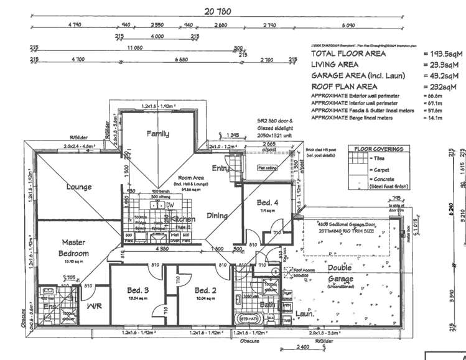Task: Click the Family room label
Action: pyautogui.click(x=158, y=134)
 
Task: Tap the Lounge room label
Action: pyautogui.click(x=79, y=187)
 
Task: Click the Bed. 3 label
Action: pyautogui.click(x=138, y=290)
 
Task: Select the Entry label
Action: pyautogui.click(x=220, y=168)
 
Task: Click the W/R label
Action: pyautogui.click(x=95, y=307)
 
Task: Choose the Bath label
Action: pyautogui.click(x=268, y=305)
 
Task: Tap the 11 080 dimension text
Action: pyautogui.click(x=134, y=47)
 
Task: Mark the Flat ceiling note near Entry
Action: pyautogui.click(x=267, y=167)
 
